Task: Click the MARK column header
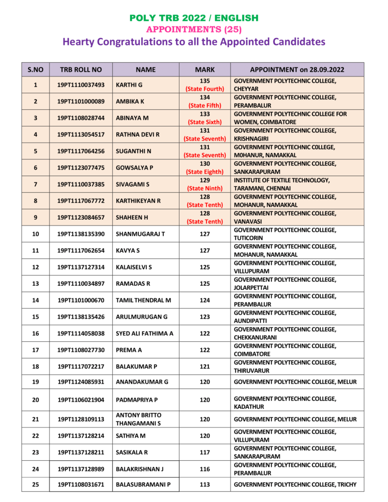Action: [x=205, y=70]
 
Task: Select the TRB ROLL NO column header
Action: [x=81, y=70]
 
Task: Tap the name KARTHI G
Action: [x=129, y=85]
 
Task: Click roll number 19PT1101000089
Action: [x=81, y=101]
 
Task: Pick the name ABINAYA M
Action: [x=132, y=118]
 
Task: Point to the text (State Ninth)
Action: [x=205, y=188]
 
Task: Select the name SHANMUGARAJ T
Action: [x=140, y=234]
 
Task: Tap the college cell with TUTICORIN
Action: [x=285, y=234]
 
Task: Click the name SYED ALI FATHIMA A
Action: [x=144, y=333]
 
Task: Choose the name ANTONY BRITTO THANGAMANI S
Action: [x=138, y=419]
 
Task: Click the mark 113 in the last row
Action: [x=205, y=485]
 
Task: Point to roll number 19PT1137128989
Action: [x=81, y=469]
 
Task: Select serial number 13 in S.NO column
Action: [x=35, y=283]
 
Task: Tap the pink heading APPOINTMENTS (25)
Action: [x=194, y=29]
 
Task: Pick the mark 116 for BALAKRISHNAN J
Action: [x=205, y=469]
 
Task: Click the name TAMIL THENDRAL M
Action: [x=143, y=300]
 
